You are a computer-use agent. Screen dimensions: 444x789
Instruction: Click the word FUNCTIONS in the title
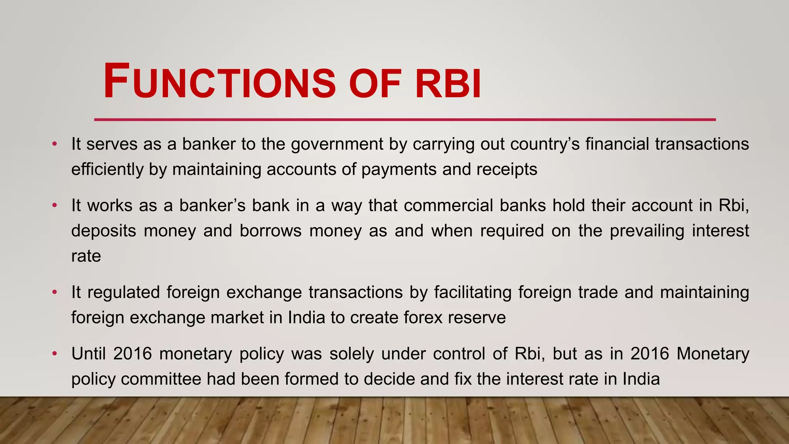pos(220,82)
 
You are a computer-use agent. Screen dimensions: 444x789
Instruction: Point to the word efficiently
pos(107,170)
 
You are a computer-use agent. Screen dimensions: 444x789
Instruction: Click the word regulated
pos(123,293)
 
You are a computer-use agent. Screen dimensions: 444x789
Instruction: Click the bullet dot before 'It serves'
pos(55,144)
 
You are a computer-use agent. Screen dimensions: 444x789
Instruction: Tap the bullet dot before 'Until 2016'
pos(55,353)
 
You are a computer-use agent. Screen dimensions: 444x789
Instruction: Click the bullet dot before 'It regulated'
pos(55,292)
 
